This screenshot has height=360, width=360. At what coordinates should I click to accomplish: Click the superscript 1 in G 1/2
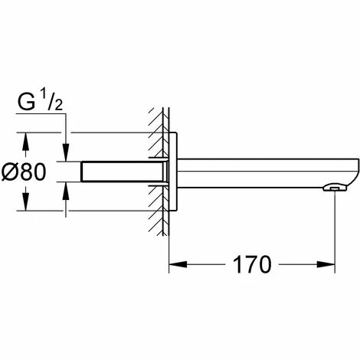click(44, 96)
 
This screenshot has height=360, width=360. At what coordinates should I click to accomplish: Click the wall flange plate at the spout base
click(175, 172)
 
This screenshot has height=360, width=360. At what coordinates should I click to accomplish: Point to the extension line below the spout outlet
click(335, 230)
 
